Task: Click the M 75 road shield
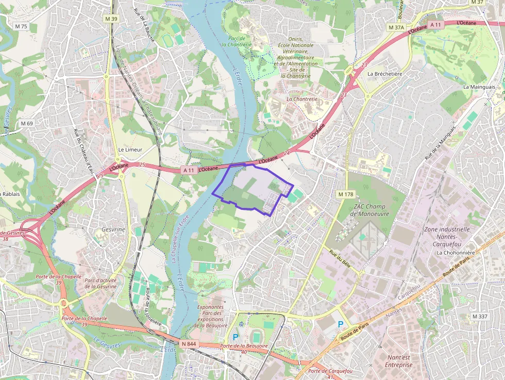pyautogui.click(x=21, y=26)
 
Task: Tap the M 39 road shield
pyautogui.click(x=111, y=19)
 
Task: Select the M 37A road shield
pyautogui.click(x=396, y=27)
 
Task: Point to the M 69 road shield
pyautogui.click(x=27, y=124)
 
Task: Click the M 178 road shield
pyautogui.click(x=345, y=194)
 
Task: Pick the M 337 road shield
pyautogui.click(x=479, y=316)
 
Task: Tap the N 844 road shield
pyautogui.click(x=189, y=343)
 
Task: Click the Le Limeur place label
pyautogui.click(x=130, y=150)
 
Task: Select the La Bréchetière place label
pyautogui.click(x=384, y=74)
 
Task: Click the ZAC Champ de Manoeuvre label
pyautogui.click(x=369, y=210)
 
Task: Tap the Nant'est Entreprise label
pyautogui.click(x=398, y=361)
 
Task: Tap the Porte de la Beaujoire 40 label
pyautogui.click(x=239, y=349)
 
